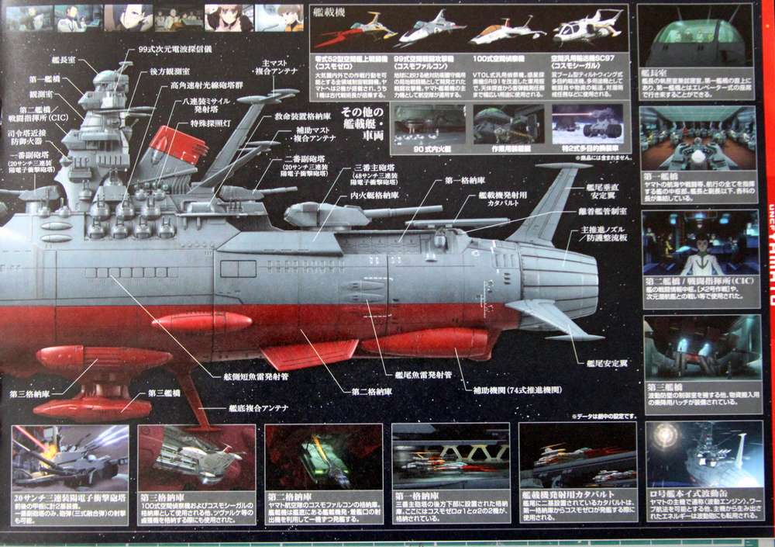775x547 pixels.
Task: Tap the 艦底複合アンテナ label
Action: point(258,407)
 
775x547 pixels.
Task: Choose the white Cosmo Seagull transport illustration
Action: point(588,29)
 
